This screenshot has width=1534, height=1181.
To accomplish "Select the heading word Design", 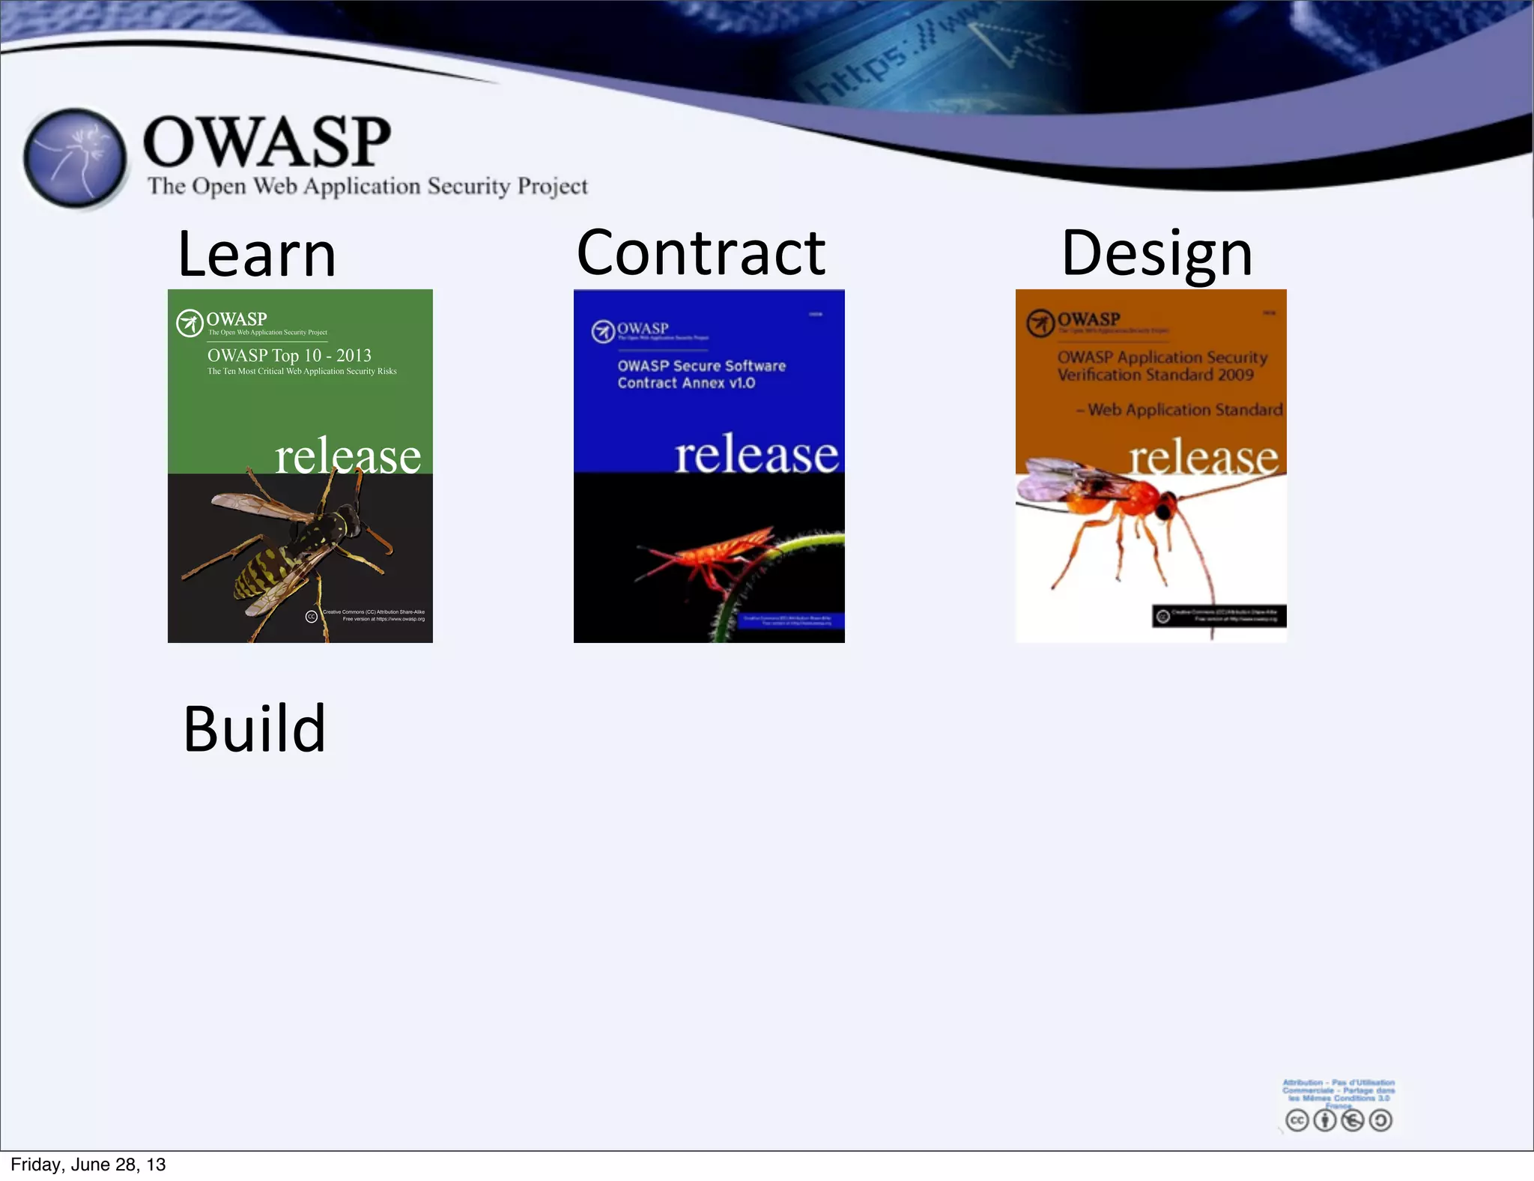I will pos(1156,253).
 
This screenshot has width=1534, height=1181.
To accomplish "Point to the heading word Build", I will pos(255,729).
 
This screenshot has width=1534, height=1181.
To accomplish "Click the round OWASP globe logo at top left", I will pos(74,158).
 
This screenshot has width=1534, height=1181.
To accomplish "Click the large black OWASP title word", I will pos(267,142).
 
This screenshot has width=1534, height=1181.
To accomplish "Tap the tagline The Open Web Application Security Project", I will pos(367,186).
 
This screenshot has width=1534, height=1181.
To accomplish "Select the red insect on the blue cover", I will pos(712,555).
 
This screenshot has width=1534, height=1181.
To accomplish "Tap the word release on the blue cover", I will pos(756,454).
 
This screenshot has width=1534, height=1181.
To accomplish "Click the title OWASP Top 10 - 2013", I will pos(289,355).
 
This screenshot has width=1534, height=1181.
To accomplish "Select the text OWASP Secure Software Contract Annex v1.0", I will pos(700,374).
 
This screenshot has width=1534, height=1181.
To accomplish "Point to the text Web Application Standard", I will pos(1184,410).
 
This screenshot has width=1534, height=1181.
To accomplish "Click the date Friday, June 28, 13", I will pos(88,1164).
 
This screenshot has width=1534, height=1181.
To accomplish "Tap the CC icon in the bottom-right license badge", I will pos(1297,1120).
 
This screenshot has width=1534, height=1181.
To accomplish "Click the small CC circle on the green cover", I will pos(312,616).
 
